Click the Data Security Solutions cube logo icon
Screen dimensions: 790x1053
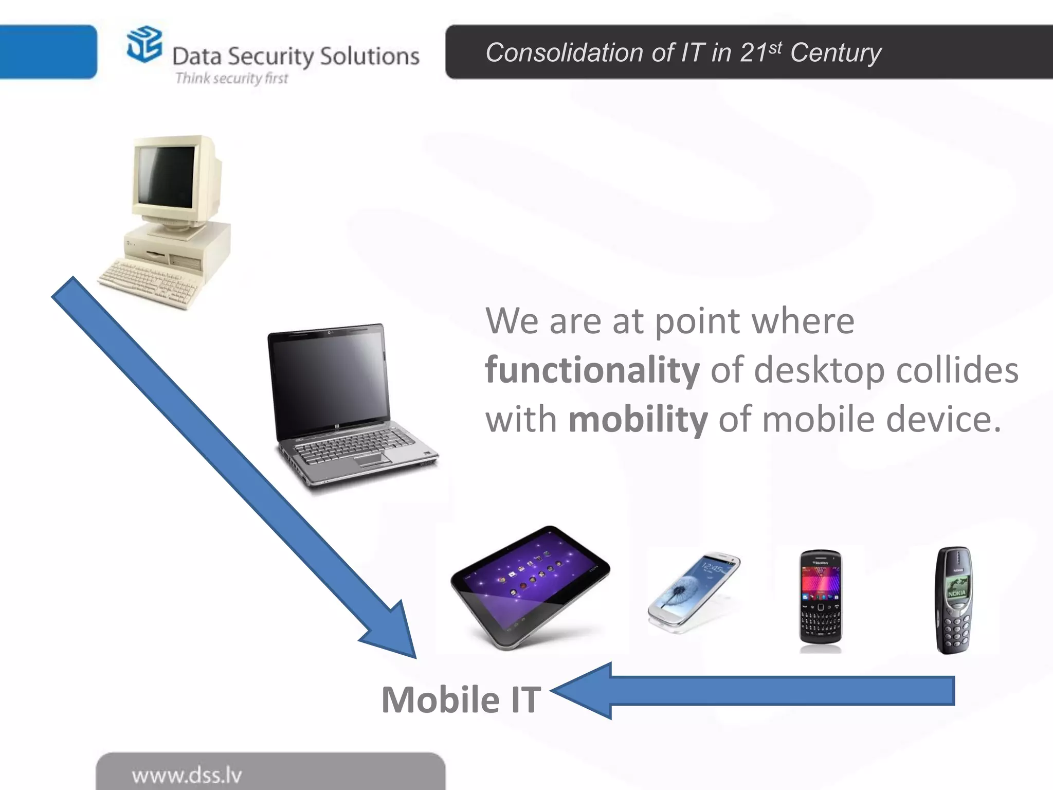pos(144,45)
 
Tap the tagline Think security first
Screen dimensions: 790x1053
pos(231,78)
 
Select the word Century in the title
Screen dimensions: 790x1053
pos(836,53)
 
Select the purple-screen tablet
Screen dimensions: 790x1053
pos(530,586)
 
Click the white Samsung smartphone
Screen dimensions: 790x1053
pos(694,591)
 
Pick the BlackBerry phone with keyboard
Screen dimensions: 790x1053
pos(821,597)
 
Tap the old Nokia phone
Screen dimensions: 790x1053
pos(954,599)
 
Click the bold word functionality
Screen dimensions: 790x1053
pos(592,370)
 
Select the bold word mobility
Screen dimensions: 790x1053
pos(638,420)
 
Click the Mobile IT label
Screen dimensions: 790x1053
pos(461,700)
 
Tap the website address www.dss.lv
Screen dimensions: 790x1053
pos(187,775)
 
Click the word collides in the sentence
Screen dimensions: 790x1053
pos(957,370)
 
